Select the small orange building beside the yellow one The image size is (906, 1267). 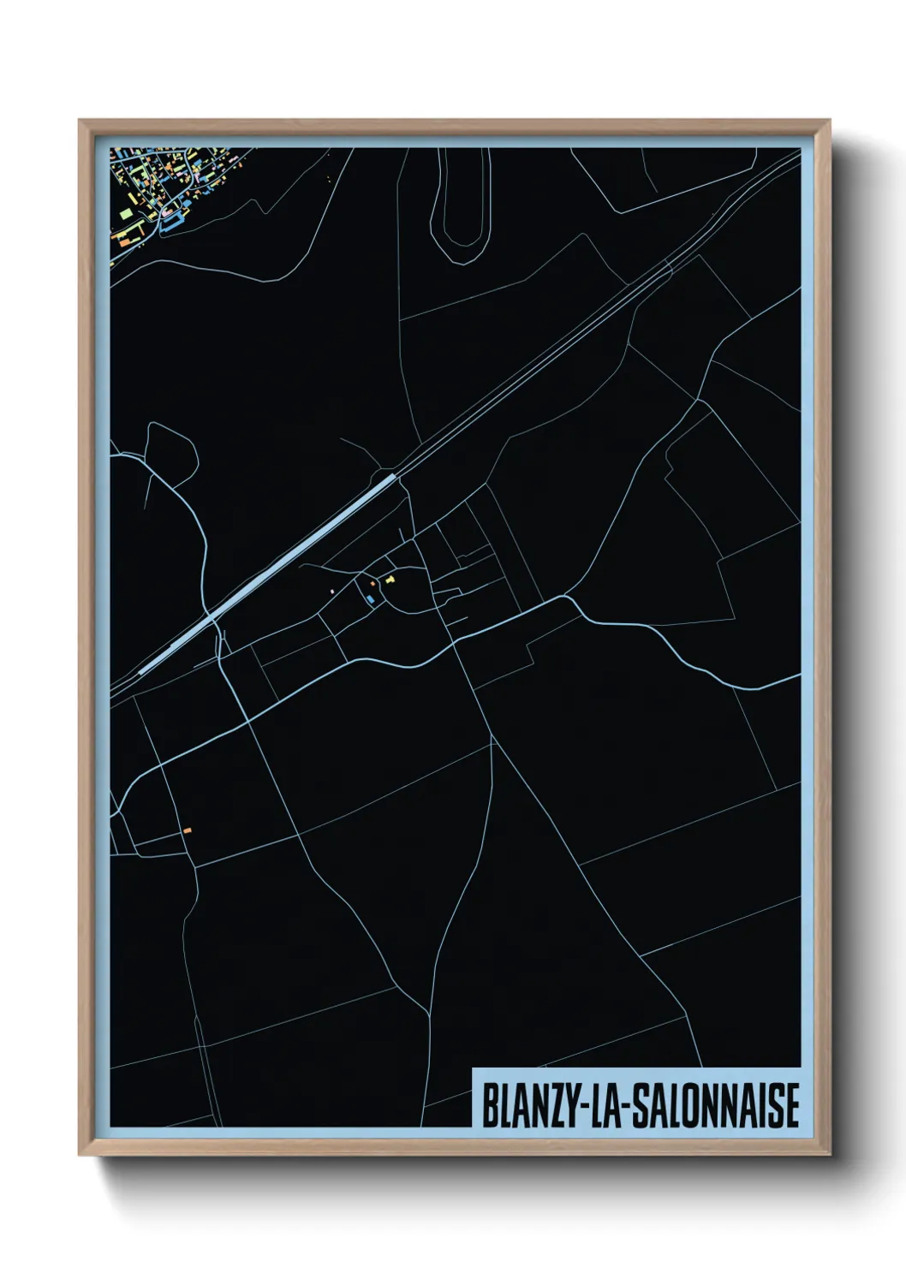(373, 584)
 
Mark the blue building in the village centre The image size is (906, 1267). (370, 599)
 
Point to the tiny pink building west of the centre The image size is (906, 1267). (332, 591)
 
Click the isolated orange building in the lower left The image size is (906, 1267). (187, 830)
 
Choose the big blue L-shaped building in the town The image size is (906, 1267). (173, 223)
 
